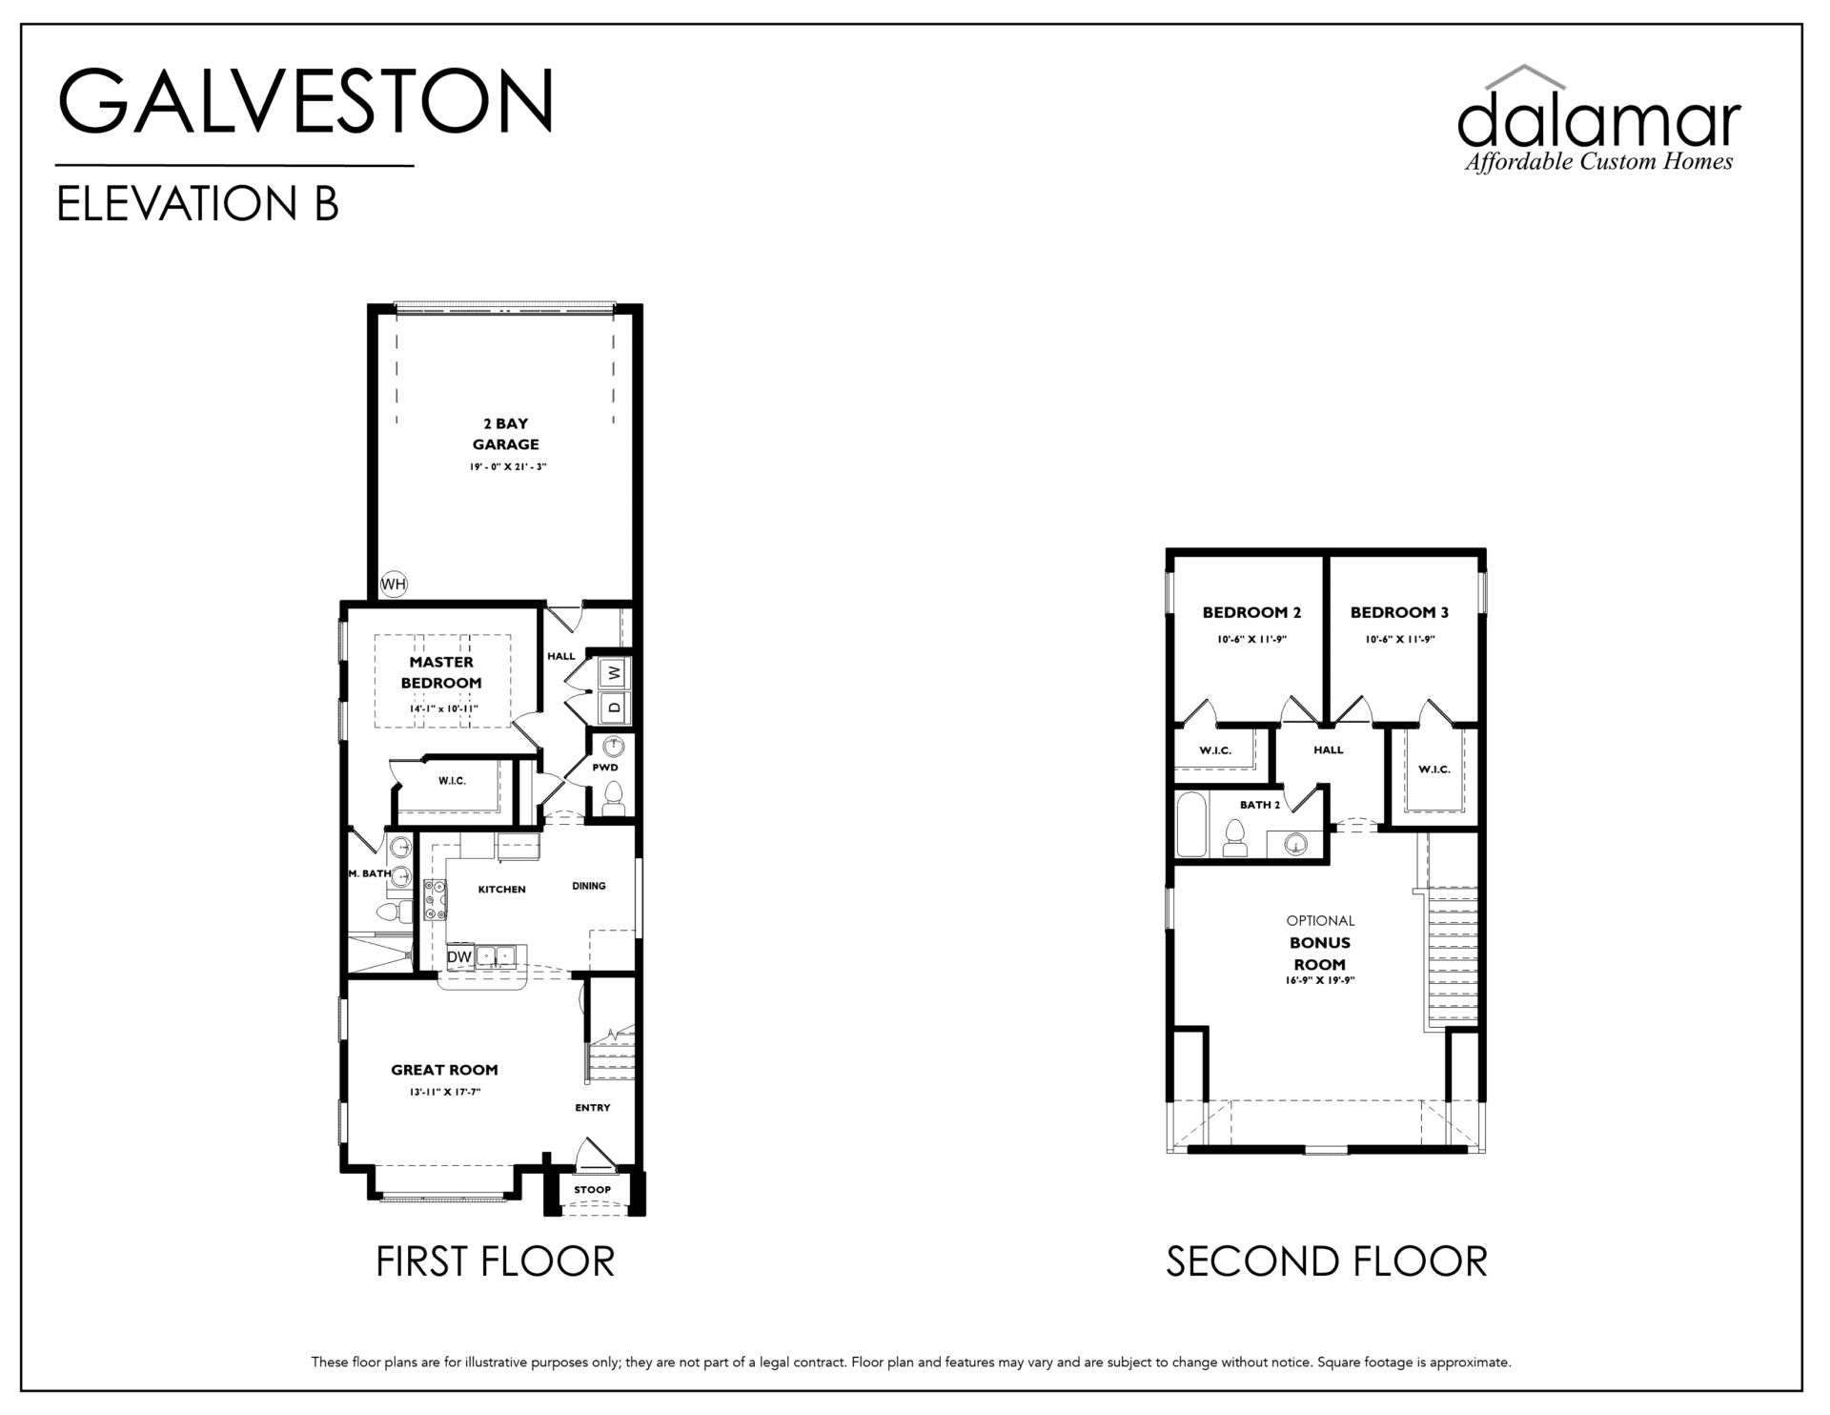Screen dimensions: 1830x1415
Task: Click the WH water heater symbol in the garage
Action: click(394, 584)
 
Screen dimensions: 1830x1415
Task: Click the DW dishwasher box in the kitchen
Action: click(459, 956)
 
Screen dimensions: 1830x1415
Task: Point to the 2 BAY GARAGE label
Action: click(505, 434)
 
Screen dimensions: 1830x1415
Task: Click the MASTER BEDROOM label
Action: click(441, 672)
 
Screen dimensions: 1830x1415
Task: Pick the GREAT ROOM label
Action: click(444, 1070)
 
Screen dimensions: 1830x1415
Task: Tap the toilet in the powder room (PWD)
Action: click(614, 799)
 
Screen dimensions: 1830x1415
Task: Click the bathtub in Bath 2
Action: click(1191, 824)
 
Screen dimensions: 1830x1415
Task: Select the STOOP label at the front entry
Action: click(592, 1190)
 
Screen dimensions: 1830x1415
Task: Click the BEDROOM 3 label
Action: click(1399, 612)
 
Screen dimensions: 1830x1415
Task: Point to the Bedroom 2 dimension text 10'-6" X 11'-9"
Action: click(1251, 640)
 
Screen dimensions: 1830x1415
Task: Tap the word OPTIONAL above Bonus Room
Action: click(1320, 921)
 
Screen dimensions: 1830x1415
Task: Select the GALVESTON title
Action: click(306, 100)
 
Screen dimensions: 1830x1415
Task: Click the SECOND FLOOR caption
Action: click(1327, 1261)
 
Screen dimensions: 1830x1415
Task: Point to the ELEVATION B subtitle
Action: click(198, 203)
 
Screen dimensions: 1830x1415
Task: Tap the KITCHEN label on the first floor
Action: click(501, 890)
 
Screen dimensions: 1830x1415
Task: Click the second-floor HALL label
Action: click(1329, 749)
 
